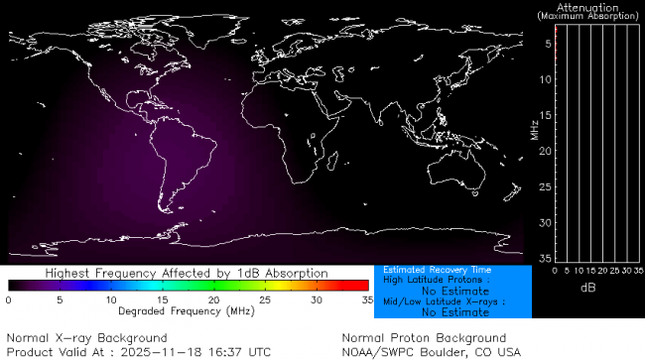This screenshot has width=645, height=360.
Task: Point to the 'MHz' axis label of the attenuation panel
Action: [x=535, y=130]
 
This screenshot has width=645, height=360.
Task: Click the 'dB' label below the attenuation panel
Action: [x=587, y=287]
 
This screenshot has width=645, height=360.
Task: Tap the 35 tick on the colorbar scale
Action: [x=366, y=299]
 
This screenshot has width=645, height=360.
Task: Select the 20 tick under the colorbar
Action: [x=213, y=299]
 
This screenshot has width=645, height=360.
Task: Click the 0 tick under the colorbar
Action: [x=8, y=299]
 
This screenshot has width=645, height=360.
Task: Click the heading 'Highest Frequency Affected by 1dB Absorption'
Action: [x=187, y=272]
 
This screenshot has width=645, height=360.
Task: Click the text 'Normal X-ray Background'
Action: [x=87, y=338]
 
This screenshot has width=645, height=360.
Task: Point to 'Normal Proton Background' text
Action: [x=424, y=338]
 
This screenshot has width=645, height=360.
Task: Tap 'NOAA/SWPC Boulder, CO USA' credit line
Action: [x=431, y=351]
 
